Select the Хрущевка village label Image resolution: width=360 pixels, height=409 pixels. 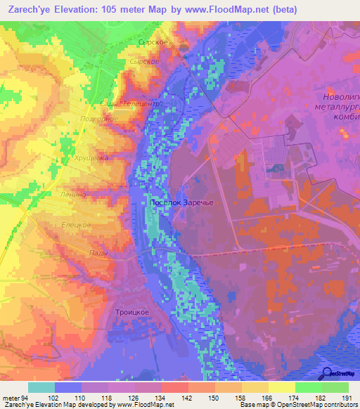(91, 159)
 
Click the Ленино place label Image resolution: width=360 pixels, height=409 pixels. (72, 195)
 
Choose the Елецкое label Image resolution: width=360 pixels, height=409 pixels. (76, 224)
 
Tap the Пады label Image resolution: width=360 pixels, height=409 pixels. (98, 253)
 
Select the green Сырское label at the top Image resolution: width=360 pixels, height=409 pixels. (153, 43)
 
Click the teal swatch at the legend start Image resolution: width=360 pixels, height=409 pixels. (41, 387)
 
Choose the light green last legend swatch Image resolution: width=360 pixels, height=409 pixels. (335, 387)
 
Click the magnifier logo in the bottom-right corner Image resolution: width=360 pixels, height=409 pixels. (328, 373)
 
